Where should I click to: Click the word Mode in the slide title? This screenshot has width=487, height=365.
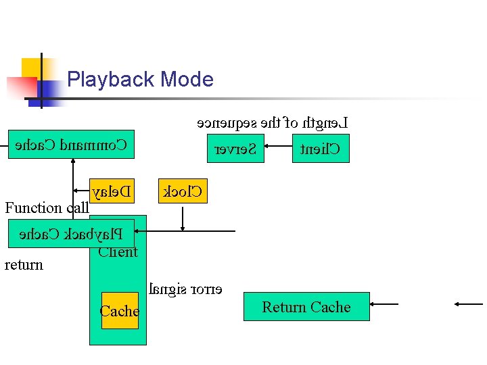pyautogui.click(x=187, y=80)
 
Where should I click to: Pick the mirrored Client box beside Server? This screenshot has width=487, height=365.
pyautogui.click(x=321, y=149)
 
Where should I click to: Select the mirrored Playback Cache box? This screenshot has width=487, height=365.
pyautogui.click(x=70, y=234)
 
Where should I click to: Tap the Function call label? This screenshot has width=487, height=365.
pyautogui.click(x=47, y=208)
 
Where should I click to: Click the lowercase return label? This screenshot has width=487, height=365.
pyautogui.click(x=24, y=265)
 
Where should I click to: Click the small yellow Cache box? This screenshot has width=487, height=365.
pyautogui.click(x=120, y=311)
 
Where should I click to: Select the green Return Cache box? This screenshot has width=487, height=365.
pyautogui.click(x=306, y=307)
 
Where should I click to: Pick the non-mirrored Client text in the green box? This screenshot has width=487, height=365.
pyautogui.click(x=118, y=253)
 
